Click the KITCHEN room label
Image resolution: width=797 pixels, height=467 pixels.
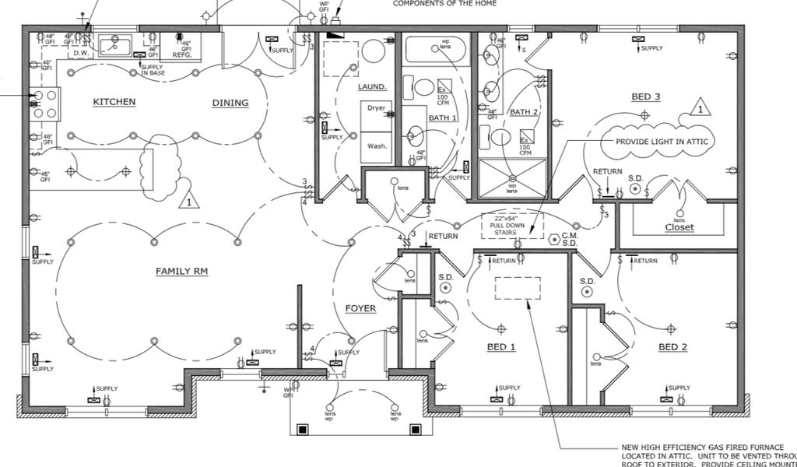(x=114, y=102)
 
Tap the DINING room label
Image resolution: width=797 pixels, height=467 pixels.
(x=230, y=103)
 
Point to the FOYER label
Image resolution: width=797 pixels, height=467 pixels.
(x=360, y=308)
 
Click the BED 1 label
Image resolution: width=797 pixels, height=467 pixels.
(x=501, y=346)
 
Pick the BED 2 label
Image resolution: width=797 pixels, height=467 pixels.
(x=673, y=346)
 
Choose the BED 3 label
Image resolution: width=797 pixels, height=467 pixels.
(x=645, y=97)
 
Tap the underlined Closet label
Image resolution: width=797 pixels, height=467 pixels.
(x=679, y=227)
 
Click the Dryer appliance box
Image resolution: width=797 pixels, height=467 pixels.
(x=377, y=108)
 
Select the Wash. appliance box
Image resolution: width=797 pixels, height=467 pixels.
(x=377, y=146)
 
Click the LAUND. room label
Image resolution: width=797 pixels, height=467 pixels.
(x=373, y=87)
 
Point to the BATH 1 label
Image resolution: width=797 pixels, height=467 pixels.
(x=443, y=118)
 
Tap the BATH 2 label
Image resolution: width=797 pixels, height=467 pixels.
(x=524, y=112)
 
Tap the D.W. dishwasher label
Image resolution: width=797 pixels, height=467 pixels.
(x=80, y=53)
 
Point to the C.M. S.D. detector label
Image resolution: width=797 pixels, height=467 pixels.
(x=569, y=239)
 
